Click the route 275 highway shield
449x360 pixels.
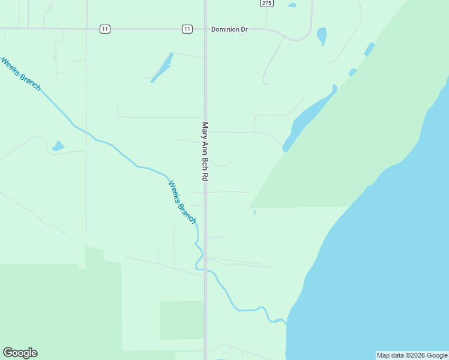point(267,3)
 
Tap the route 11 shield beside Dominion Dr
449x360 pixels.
point(187,29)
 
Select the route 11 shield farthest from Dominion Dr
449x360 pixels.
point(105,29)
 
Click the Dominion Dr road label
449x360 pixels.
point(229,29)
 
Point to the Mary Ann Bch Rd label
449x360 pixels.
point(205,152)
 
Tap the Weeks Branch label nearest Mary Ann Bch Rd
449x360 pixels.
point(181,202)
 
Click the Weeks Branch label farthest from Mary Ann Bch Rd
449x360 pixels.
point(20,73)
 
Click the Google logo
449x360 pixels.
point(20,353)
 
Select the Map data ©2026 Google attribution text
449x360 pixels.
point(412,355)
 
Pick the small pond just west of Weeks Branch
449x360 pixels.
point(58,146)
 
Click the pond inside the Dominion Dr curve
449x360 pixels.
point(322,36)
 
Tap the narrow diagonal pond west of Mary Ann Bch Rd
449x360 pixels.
point(162,68)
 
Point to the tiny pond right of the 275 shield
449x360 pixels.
point(292,5)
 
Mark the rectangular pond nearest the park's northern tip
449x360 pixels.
point(369,49)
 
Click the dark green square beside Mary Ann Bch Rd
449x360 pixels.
point(181,320)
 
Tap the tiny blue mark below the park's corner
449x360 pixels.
point(255,212)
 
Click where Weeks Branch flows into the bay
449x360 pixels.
point(285,322)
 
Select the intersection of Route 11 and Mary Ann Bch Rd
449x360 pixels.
point(205,29)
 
